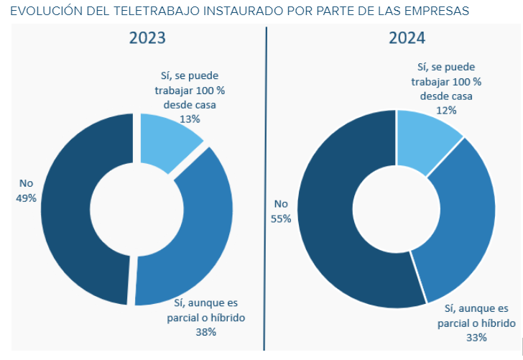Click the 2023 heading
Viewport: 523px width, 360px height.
click(147, 39)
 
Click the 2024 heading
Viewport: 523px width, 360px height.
click(407, 39)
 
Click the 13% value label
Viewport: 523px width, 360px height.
click(190, 119)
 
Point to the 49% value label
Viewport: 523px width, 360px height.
click(26, 198)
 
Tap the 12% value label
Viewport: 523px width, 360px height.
click(446, 111)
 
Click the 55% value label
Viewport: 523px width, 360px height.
click(281, 218)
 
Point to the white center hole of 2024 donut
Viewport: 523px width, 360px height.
click(397, 209)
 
